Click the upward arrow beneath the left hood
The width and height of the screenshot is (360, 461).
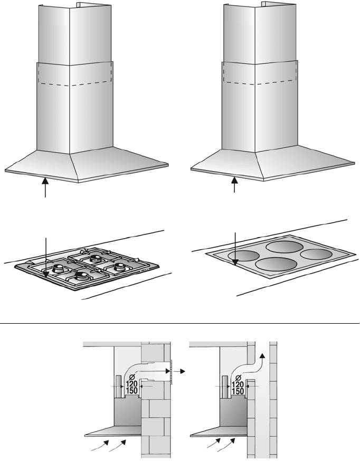tap(45, 187)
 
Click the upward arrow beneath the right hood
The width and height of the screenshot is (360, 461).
tap(234, 184)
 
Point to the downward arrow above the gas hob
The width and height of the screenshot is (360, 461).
tap(45, 258)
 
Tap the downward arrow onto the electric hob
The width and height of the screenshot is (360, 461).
tap(235, 249)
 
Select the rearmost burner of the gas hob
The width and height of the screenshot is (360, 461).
tap(95, 258)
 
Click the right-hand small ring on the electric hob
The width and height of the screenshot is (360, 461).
tap(316, 255)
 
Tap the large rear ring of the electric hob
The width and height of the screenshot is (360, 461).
tap(284, 247)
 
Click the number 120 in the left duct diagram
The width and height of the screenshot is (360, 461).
tap(131, 384)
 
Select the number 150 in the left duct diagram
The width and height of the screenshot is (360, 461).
tap(131, 391)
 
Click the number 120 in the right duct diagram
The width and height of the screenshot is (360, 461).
tap(238, 384)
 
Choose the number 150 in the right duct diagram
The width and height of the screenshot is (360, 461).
tap(238, 391)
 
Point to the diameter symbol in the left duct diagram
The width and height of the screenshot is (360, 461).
tap(132, 377)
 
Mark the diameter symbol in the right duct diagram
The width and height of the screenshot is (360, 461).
tap(239, 378)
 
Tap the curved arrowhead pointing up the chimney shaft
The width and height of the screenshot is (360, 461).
tap(262, 356)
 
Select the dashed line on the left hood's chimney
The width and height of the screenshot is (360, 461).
tap(75, 84)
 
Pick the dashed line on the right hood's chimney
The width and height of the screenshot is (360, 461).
tap(260, 82)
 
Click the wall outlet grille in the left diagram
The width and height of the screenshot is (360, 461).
tap(171, 371)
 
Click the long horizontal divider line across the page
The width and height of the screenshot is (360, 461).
tap(179, 323)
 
